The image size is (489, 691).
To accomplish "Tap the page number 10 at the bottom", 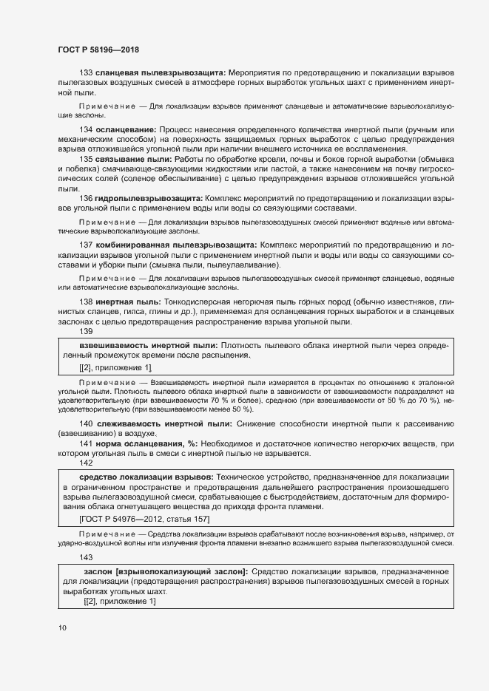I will tap(62, 627).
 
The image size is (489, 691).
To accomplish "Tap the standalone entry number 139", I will tap(87, 332).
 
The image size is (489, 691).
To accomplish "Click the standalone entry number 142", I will tap(87, 462).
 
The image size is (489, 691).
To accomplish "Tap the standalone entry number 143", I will tap(87, 558).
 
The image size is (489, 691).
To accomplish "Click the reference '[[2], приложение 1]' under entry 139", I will tap(115, 367).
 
